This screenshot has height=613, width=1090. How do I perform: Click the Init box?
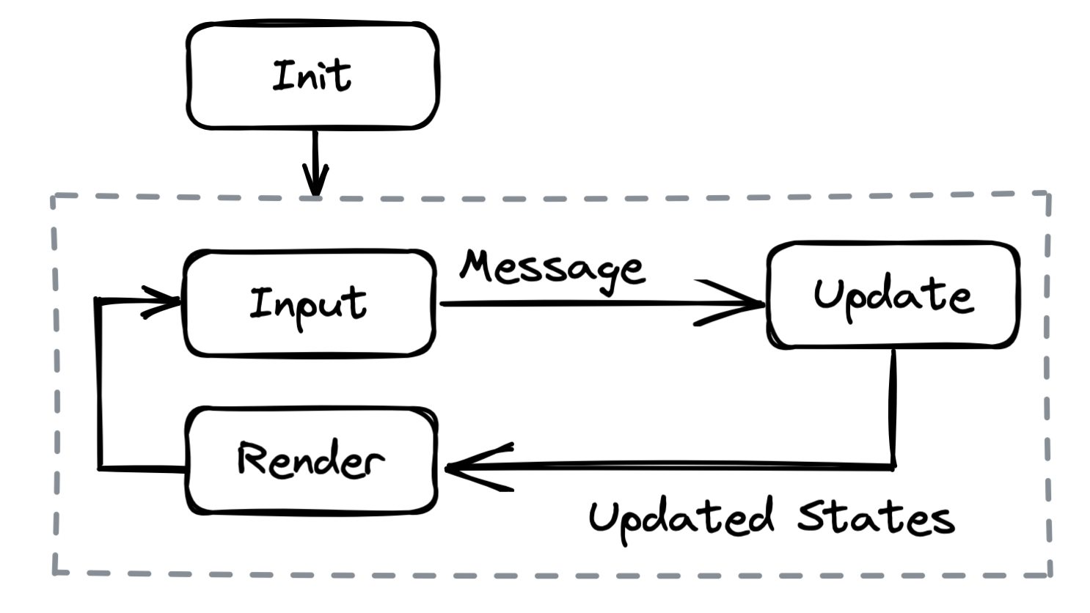(312, 76)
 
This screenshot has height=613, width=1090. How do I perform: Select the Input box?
(309, 304)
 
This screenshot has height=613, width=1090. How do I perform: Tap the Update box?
(893, 295)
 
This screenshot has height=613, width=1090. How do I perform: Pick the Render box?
(312, 460)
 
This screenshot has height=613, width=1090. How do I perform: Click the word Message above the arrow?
(552, 269)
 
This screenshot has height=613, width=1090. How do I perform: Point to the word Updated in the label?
(681, 518)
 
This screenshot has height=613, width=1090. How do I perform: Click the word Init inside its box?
(312, 76)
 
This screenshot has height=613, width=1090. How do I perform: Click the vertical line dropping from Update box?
(893, 407)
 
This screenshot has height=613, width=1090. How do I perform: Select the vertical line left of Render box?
(99, 385)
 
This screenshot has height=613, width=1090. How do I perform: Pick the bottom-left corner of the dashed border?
(56, 572)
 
